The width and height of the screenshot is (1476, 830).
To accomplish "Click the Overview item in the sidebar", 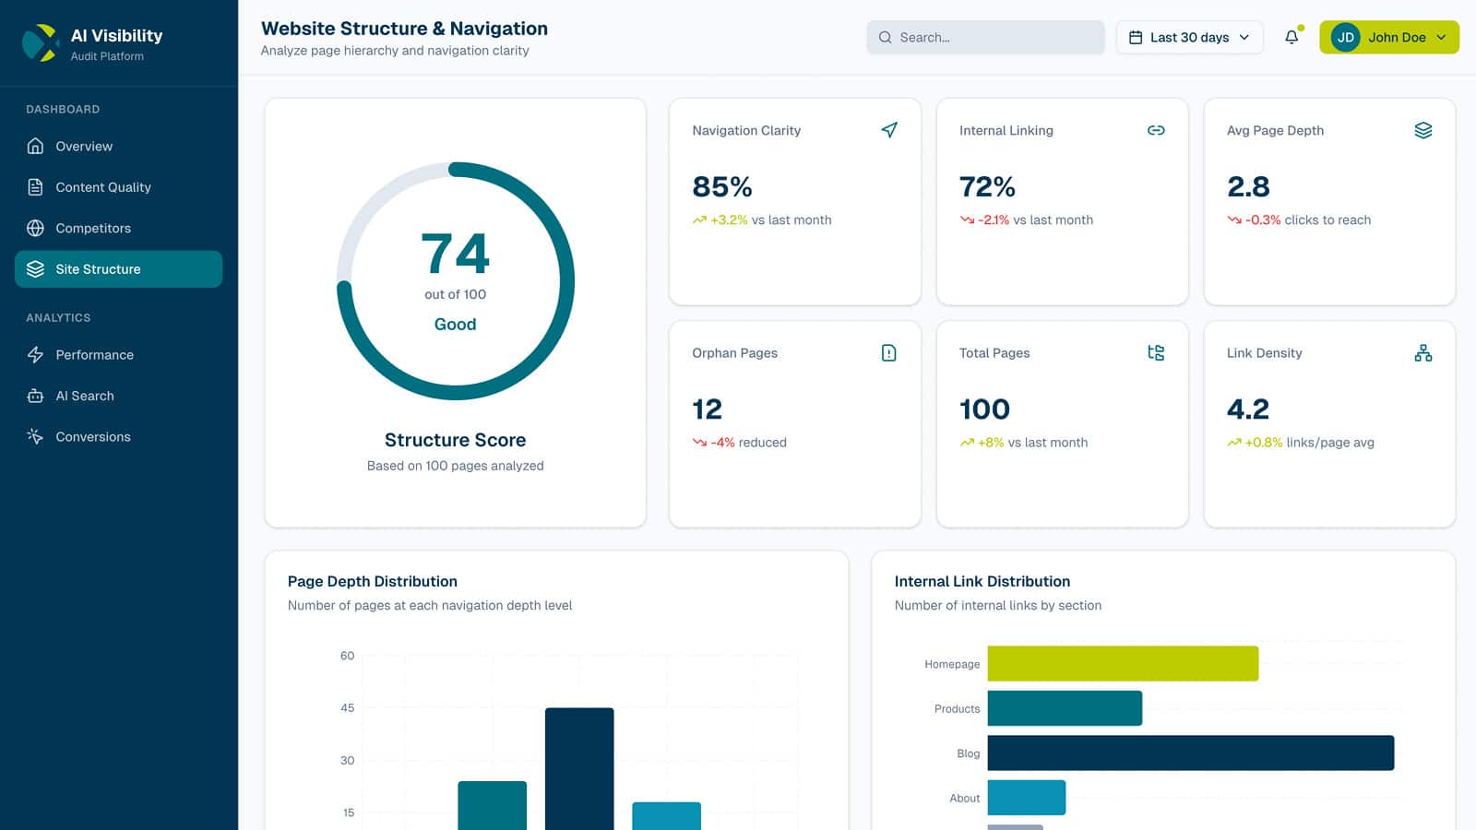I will (83, 147).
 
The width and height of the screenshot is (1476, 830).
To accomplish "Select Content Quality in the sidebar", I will (102, 187).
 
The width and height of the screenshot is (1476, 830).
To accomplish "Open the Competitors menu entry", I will (92, 229).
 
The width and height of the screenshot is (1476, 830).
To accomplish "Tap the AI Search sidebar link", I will (84, 396).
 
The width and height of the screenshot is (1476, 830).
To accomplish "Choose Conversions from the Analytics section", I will (92, 437).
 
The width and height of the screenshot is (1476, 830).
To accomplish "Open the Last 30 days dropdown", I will (1189, 38).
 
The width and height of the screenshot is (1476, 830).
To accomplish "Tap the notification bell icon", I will (1291, 38).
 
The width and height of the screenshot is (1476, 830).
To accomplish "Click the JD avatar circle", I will (1345, 38).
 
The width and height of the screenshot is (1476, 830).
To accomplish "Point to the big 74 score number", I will (455, 254).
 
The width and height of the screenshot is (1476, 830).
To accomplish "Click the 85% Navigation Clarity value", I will (722, 187).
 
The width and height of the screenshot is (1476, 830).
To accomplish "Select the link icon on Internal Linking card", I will (1156, 131).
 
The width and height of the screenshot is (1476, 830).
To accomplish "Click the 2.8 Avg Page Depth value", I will (1248, 187).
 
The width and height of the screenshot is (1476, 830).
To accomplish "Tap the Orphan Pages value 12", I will (707, 409).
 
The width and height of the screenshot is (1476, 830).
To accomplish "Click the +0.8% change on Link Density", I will (1263, 443).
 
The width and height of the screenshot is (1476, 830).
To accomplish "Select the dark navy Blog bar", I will (1190, 753).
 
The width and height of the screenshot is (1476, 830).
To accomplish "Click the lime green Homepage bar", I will (1123, 664).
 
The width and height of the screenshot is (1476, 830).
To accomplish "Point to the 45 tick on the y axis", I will (347, 708).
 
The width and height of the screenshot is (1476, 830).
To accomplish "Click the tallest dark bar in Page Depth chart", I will (579, 765).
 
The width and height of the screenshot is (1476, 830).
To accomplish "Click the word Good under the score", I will (455, 325).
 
